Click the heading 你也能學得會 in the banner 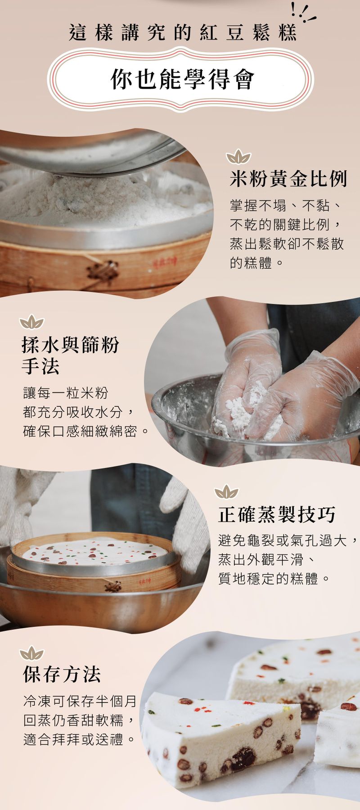coord(182,79)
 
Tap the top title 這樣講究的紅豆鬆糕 coord(183,33)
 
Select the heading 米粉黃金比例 coord(288,179)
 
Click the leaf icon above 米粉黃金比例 coord(238,157)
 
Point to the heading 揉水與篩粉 coord(70,345)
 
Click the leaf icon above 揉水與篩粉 coord(32,322)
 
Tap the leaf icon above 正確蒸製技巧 coord(226,492)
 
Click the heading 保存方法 coord(62,674)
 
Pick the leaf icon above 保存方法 coord(32,653)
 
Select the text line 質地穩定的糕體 coord(274,578)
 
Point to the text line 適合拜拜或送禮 coord(79,739)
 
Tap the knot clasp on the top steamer coord(102,271)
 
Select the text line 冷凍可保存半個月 coord(80,701)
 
